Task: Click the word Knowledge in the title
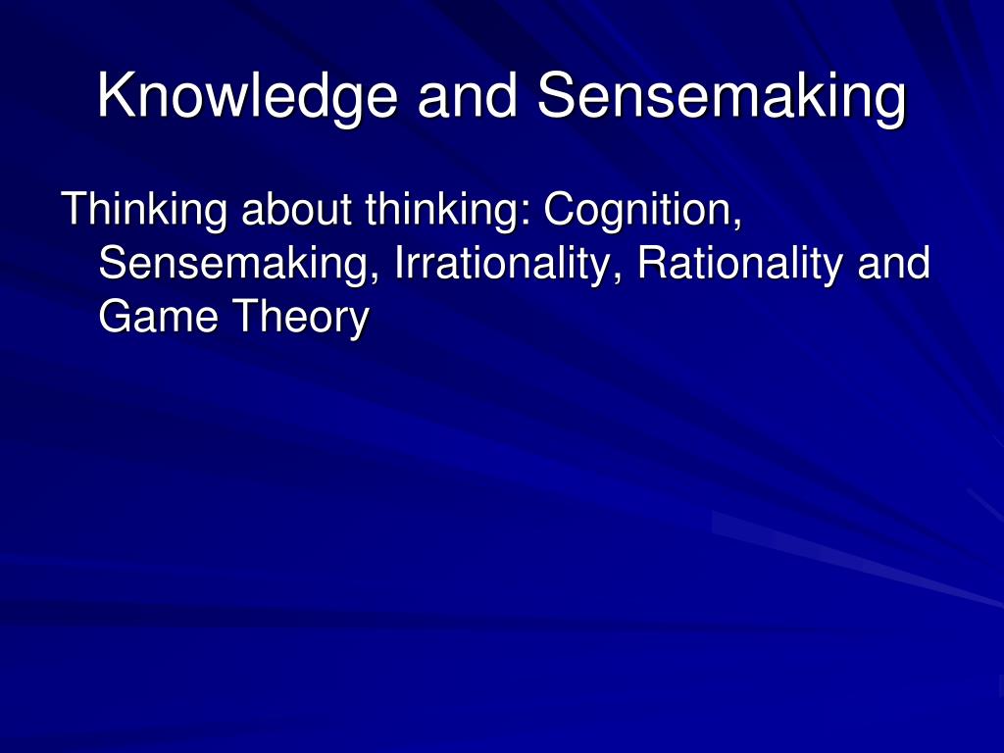coord(248,97)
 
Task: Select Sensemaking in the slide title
coord(722,97)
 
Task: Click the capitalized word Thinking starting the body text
coord(143,209)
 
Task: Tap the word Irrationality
coord(504,264)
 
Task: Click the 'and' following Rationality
coord(892,264)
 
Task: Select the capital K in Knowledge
coord(114,97)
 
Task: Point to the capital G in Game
coord(115,318)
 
